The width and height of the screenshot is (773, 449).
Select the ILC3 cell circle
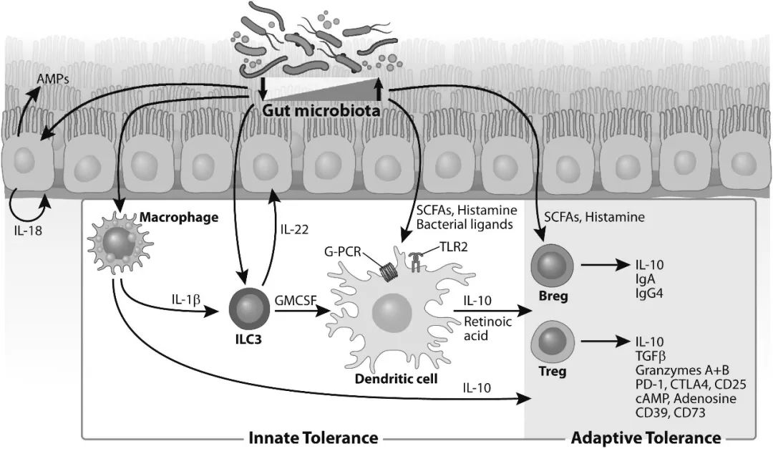[x=245, y=309]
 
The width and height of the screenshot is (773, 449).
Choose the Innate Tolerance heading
[x=313, y=437]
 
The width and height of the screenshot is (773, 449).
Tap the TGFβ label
[x=651, y=355]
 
